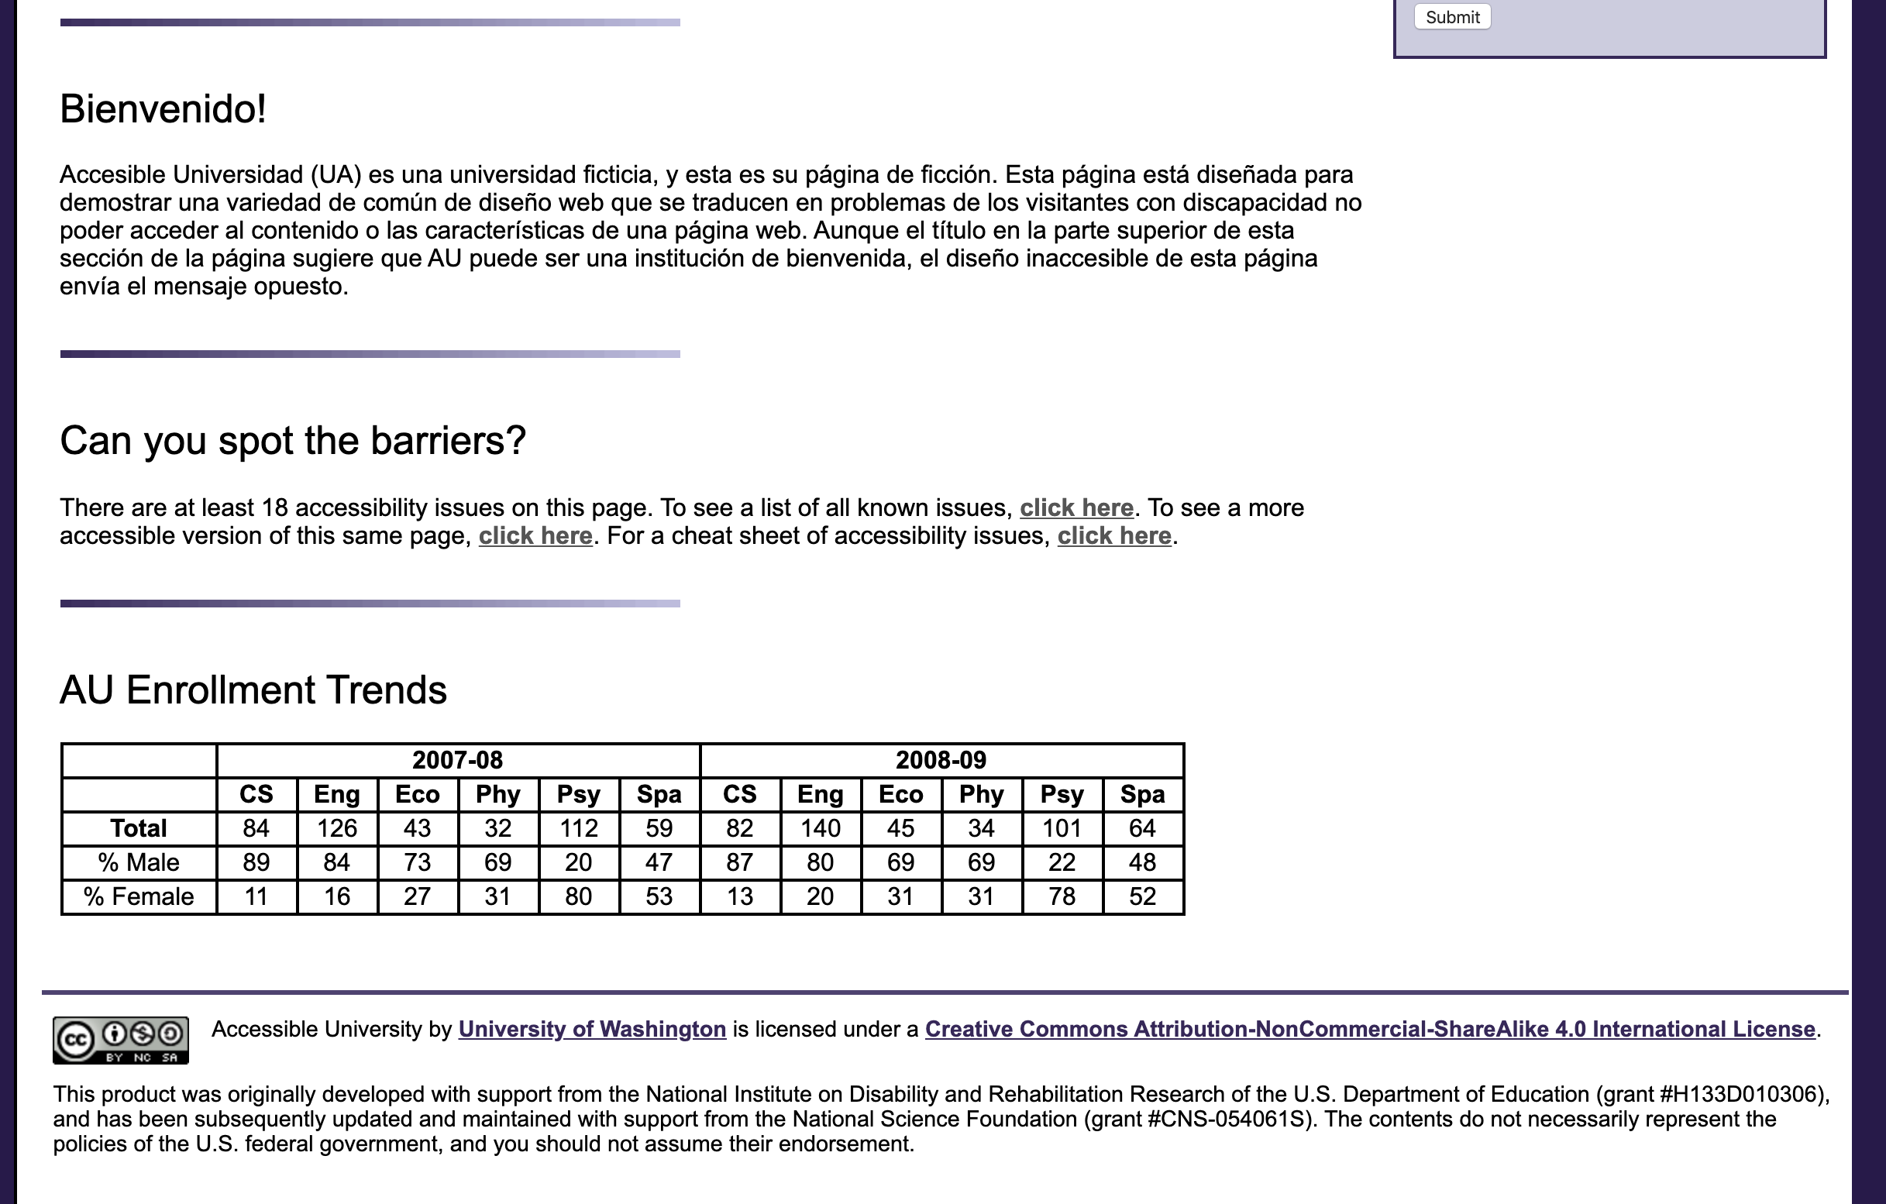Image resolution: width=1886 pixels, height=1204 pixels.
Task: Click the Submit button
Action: (x=1452, y=17)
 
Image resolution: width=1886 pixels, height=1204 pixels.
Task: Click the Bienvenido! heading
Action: (x=163, y=109)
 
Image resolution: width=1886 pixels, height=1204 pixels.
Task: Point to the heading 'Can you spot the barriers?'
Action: (x=293, y=440)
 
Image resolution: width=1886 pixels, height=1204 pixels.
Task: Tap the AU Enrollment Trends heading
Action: (x=253, y=690)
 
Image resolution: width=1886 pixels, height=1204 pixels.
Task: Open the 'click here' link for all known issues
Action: (x=1076, y=507)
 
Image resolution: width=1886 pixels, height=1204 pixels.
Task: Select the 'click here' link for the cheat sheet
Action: (x=1113, y=536)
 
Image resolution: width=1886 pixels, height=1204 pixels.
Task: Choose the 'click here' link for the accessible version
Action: (x=535, y=536)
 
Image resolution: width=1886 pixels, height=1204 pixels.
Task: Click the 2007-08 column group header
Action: (x=457, y=760)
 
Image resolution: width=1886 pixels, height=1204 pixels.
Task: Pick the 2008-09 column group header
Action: (x=941, y=760)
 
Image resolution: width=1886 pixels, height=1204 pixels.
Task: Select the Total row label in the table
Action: (x=139, y=828)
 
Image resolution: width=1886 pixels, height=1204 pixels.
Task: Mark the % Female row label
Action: (x=139, y=896)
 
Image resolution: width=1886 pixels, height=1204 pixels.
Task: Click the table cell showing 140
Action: (x=820, y=828)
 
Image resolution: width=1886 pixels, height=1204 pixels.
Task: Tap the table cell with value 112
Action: (x=578, y=828)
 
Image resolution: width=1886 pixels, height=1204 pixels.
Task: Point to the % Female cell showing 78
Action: (x=1062, y=896)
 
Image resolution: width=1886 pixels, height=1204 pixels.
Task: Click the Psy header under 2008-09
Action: (x=1062, y=794)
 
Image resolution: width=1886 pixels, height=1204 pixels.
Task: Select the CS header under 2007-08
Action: (x=256, y=794)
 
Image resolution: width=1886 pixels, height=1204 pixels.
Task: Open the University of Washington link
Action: (x=592, y=1030)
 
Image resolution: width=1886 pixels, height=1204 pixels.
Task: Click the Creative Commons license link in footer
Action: (x=1370, y=1030)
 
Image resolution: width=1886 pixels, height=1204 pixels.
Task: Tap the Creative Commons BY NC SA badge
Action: (x=121, y=1041)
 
